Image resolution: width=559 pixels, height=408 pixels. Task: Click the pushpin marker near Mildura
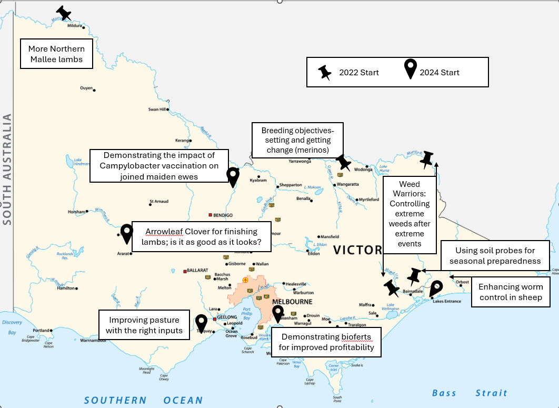point(64,13)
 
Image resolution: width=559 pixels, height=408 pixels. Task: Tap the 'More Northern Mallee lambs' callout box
point(56,54)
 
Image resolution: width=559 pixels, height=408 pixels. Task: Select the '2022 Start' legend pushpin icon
point(325,73)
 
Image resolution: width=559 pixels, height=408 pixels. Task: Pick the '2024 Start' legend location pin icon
point(410,70)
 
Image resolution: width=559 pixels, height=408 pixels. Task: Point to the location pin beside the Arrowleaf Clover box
point(126,233)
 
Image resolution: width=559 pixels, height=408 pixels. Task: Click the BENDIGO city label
point(223,215)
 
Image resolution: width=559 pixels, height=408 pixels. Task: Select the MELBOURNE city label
point(292,302)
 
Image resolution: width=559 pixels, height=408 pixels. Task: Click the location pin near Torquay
point(201,323)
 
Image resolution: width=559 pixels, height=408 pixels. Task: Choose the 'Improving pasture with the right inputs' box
point(144,325)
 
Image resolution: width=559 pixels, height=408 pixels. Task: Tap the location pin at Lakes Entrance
point(436,289)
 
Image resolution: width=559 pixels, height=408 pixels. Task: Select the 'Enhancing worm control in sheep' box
point(510,292)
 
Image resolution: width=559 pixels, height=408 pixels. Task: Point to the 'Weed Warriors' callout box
point(410,214)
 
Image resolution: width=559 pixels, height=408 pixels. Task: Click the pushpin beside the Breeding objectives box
point(343,162)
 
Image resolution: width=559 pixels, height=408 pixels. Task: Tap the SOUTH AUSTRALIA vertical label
point(7,170)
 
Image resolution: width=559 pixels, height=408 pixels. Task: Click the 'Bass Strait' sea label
point(470,393)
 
